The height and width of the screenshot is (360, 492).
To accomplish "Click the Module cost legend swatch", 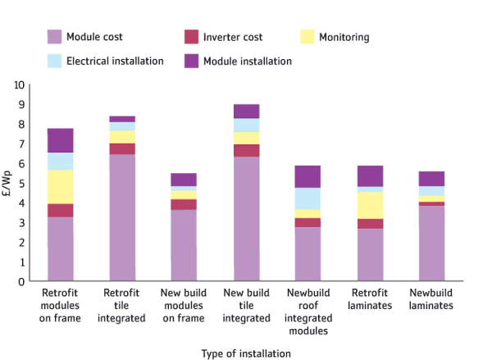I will coord(54,37).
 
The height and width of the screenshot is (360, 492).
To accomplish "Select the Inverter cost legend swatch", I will coord(191,37).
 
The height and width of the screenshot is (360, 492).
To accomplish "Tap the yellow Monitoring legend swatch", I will coord(308,37).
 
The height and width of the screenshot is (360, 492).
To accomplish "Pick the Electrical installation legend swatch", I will coord(54,61).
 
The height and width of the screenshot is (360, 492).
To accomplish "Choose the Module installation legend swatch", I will coord(191,61).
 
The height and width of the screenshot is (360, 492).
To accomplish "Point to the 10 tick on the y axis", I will coord(20,84).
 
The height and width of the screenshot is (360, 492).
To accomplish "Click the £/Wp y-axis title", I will coord(8,183).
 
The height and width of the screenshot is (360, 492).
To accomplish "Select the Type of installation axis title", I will coord(245,353).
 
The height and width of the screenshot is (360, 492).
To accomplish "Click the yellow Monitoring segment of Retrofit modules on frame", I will coord(61,186).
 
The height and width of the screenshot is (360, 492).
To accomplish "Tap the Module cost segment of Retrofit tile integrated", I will coord(122,217).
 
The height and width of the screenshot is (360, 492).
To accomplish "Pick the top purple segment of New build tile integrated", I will coord(246,112).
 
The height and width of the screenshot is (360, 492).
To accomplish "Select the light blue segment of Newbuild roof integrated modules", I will coord(307,198).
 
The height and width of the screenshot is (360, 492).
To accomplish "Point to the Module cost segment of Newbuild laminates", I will coord(431,243).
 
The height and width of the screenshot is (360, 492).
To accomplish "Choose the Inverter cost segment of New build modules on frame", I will coord(184,204).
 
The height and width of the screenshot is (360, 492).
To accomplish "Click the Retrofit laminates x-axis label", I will coord(370,299).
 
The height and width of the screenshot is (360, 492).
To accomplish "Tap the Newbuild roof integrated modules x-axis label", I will coord(307,312).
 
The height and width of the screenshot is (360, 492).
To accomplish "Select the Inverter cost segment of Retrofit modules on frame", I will coord(61,210).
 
